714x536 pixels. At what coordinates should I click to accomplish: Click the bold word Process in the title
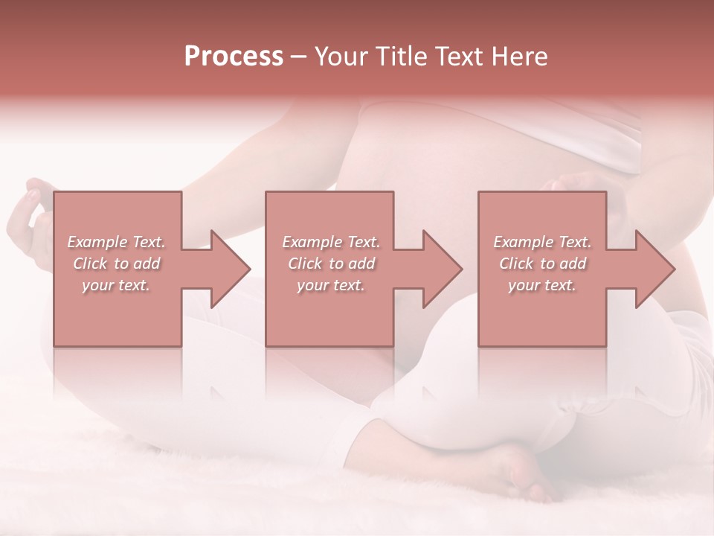click(x=234, y=57)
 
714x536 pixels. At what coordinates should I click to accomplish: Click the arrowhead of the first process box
click(x=231, y=269)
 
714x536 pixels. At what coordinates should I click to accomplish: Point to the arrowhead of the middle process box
click(x=443, y=269)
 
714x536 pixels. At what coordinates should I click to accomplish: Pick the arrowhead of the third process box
click(x=655, y=269)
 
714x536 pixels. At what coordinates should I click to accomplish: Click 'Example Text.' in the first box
click(x=116, y=242)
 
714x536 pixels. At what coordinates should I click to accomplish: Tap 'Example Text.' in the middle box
click(x=330, y=242)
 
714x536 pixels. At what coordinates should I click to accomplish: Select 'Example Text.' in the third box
click(x=542, y=242)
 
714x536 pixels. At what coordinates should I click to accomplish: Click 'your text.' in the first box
click(x=116, y=285)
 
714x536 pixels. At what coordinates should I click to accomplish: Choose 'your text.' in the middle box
click(x=330, y=285)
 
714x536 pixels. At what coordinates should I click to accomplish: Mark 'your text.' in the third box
click(x=542, y=285)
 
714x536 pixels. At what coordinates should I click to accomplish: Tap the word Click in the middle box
click(x=305, y=264)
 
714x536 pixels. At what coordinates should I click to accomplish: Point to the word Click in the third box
click(x=516, y=264)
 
